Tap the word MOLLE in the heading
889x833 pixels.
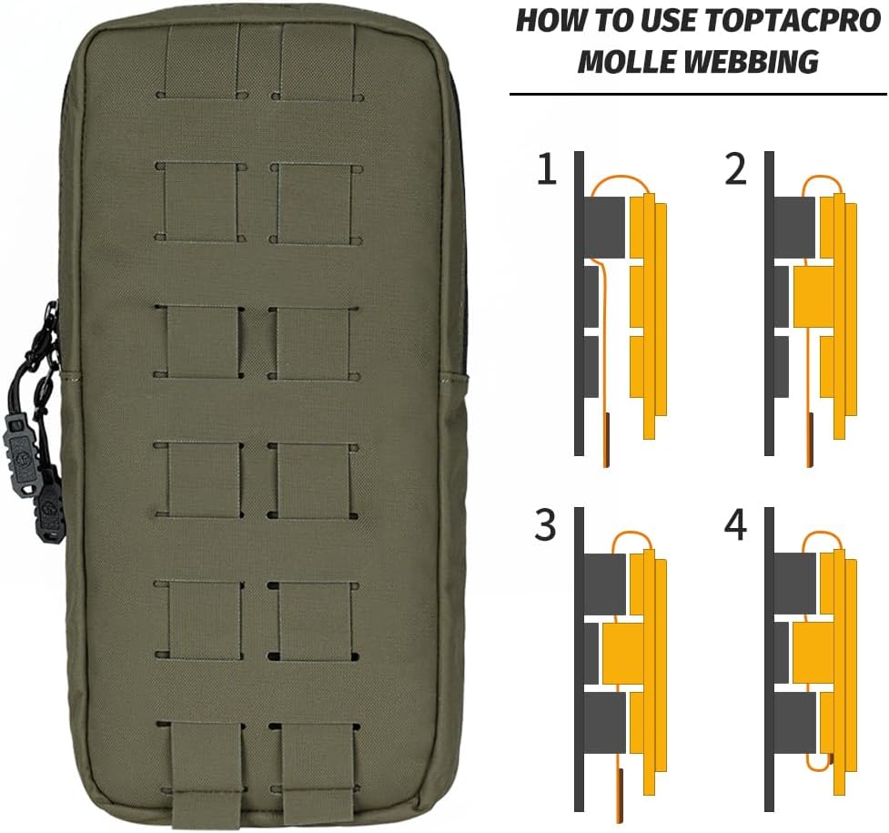click(x=626, y=61)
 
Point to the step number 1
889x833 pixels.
click(x=547, y=168)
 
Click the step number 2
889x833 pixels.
click(x=735, y=168)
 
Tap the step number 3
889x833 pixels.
click(x=545, y=525)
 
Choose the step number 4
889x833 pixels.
click(x=735, y=525)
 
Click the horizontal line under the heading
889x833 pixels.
click(x=698, y=94)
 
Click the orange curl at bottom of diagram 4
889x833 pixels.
click(x=818, y=764)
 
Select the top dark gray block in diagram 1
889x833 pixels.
click(x=604, y=228)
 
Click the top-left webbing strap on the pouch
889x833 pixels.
click(x=201, y=59)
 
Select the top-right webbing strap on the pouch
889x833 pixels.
click(x=318, y=59)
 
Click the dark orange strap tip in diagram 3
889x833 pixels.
click(x=621, y=796)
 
